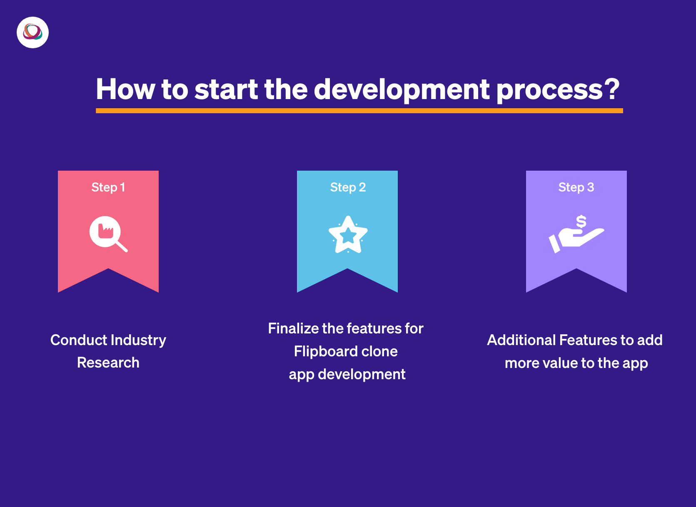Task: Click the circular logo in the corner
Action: point(32,32)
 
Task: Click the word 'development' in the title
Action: point(402,90)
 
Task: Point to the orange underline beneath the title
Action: point(359,111)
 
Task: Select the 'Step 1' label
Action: point(108,188)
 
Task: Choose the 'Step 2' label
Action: point(348,188)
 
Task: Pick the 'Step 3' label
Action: point(576,188)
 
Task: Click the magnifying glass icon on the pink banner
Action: point(108,234)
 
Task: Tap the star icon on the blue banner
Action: point(348,234)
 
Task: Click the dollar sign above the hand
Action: point(581,222)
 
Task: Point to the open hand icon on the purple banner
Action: point(576,240)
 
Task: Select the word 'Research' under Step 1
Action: point(108,362)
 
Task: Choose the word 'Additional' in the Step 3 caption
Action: point(521,340)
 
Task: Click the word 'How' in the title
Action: point(125,89)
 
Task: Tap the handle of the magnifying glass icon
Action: point(122,246)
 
